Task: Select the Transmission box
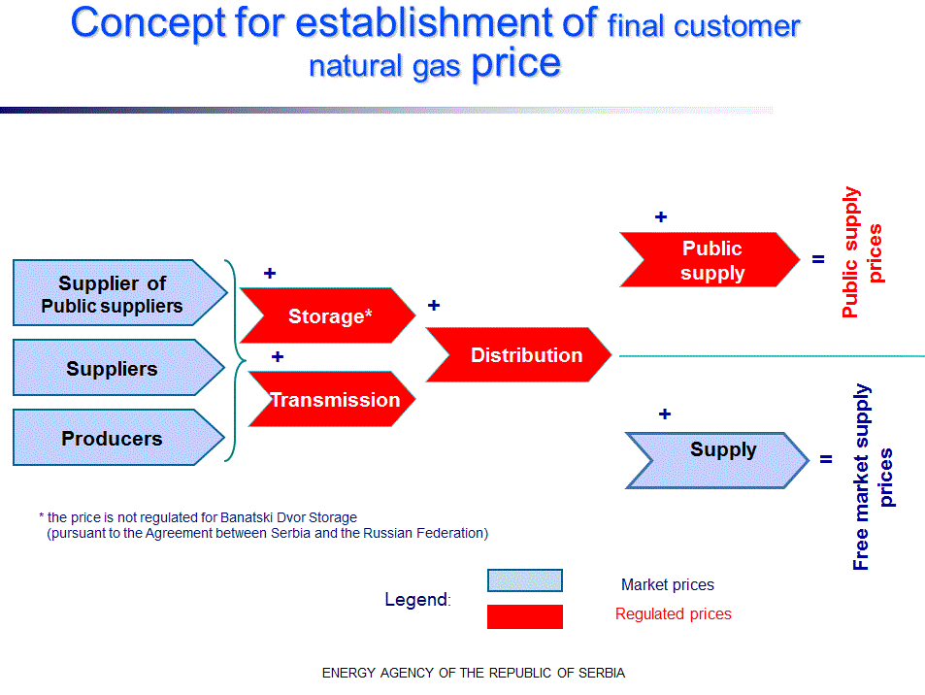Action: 334,399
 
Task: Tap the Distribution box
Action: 525,355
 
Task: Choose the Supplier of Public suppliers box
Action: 113,294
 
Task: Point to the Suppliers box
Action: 112,369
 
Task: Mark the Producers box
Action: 112,438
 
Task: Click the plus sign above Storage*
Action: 270,274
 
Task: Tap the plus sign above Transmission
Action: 278,357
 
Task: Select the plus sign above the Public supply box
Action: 661,217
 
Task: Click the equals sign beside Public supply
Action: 818,260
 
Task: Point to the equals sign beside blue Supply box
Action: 826,458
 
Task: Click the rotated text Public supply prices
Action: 863,252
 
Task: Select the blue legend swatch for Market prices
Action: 524,580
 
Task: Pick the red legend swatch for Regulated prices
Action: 524,616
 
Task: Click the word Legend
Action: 416,599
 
